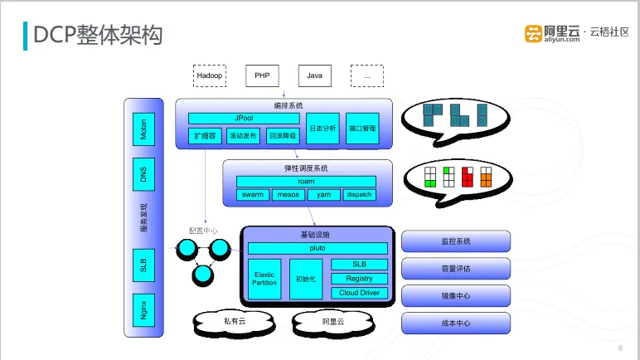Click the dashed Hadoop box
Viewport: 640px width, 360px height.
pyautogui.click(x=210, y=75)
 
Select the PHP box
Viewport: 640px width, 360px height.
pyautogui.click(x=262, y=75)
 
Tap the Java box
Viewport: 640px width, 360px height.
pyautogui.click(x=315, y=75)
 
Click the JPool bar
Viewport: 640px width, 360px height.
pyautogui.click(x=244, y=119)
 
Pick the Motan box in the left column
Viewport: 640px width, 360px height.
pyautogui.click(x=143, y=129)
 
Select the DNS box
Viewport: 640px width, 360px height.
pyautogui.click(x=143, y=174)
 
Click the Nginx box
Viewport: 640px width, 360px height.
pyautogui.click(x=143, y=310)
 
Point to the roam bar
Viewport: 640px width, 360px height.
pyautogui.click(x=306, y=182)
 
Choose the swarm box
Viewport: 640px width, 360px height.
pyautogui.click(x=253, y=195)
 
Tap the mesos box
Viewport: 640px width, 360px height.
pyautogui.click(x=288, y=195)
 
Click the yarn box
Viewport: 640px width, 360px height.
pyautogui.click(x=323, y=195)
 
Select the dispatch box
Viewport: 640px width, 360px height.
pyautogui.click(x=359, y=195)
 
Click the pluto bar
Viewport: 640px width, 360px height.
pyautogui.click(x=318, y=248)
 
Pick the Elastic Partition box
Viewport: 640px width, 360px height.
pyautogui.click(x=264, y=279)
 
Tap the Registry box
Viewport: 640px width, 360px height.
pyautogui.click(x=359, y=279)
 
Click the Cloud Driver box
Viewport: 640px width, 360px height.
pyautogui.click(x=359, y=293)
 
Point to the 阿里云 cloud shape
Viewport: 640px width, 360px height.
pyautogui.click(x=333, y=323)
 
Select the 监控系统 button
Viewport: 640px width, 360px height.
pyautogui.click(x=456, y=241)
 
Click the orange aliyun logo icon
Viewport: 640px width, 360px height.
pyautogui.click(x=533, y=33)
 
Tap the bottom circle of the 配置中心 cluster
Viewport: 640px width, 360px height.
pyautogui.click(x=203, y=275)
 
